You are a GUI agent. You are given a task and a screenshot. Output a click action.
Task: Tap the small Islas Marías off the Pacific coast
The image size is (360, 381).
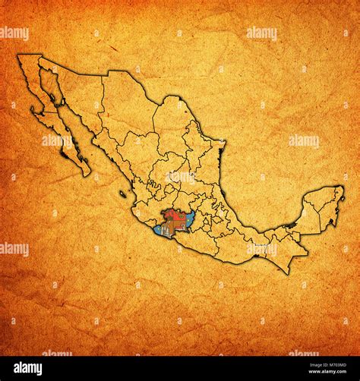coord(122,194)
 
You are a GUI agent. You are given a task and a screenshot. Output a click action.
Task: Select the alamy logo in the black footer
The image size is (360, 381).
coord(31,368)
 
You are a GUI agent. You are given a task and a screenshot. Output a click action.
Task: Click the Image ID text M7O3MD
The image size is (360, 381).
coord(315,364)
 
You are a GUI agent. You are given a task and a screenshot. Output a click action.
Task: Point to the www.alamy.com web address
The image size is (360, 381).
coord(316,373)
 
